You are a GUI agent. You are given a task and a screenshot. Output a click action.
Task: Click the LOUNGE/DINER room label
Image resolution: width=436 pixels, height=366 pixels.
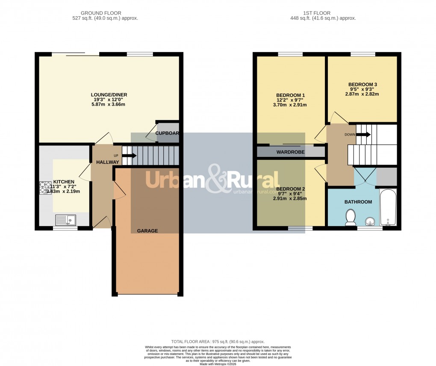[x=109, y=95]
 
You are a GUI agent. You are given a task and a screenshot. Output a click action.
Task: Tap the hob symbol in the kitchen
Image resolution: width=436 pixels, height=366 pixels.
[x=46, y=188]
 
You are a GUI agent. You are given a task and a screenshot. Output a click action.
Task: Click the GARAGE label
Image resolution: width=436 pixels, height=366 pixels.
[x=147, y=231]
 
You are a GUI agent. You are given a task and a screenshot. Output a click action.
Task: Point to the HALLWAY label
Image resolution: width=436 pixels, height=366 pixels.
[x=107, y=162]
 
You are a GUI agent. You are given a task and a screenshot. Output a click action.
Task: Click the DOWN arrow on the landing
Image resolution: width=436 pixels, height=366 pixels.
[x=363, y=134]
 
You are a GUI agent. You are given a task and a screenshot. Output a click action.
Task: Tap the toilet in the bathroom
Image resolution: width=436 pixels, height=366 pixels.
[x=351, y=217]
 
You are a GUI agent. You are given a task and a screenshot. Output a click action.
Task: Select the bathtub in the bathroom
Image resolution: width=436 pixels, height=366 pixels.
[x=388, y=207]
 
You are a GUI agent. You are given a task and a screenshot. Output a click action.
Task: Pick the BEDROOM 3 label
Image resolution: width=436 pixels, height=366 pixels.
[x=362, y=85]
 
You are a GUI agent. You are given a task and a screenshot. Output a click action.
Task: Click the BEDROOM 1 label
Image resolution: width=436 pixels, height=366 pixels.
[x=290, y=95]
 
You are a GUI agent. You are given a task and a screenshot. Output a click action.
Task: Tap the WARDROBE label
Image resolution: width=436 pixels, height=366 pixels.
[x=290, y=152]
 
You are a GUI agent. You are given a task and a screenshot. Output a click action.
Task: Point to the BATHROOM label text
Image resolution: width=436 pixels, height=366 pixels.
[x=358, y=202]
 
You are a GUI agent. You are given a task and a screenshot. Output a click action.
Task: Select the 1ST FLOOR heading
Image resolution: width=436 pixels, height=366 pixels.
[x=322, y=13]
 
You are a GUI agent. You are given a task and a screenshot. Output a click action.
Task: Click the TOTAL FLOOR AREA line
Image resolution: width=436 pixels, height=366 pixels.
[x=218, y=342]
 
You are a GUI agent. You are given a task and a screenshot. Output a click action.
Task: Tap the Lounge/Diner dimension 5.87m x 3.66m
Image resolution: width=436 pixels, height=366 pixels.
[x=109, y=105]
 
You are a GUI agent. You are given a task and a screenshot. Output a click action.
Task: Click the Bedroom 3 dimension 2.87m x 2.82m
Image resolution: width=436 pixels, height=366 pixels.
[x=362, y=94]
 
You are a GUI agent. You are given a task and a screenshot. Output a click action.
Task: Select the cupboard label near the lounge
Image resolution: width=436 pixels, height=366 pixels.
[x=167, y=133]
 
